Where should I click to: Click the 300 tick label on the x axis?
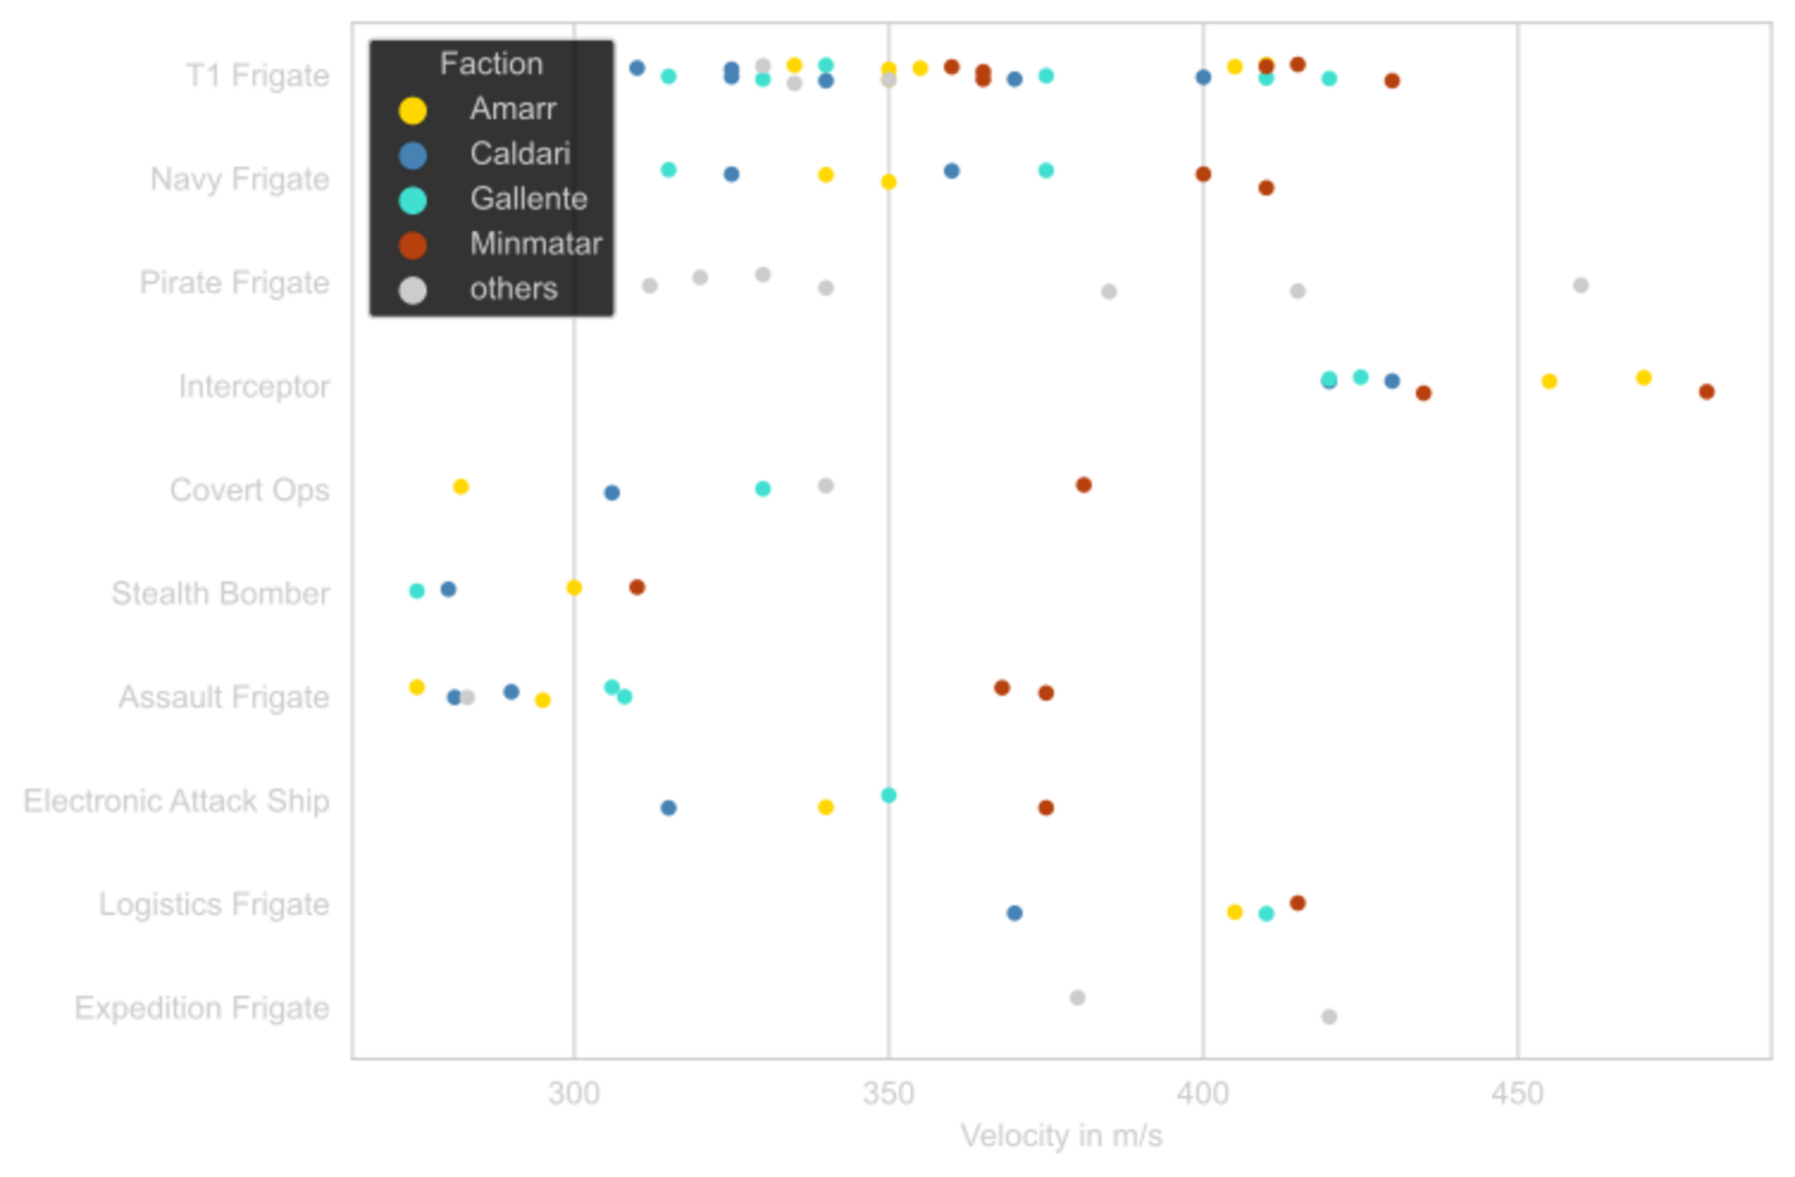pyautogui.click(x=574, y=1094)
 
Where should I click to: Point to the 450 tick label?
pyautogui.click(x=1517, y=1094)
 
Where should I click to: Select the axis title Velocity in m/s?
pyautogui.click(x=1061, y=1137)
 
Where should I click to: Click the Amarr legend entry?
pyautogui.click(x=512, y=109)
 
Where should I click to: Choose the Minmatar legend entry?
pyautogui.click(x=535, y=243)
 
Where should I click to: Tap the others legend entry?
pyautogui.click(x=513, y=289)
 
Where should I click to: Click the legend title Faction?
pyautogui.click(x=491, y=64)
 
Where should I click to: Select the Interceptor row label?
pyautogui.click(x=255, y=388)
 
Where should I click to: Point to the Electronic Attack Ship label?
pyautogui.click(x=177, y=801)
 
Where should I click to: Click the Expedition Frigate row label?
pyautogui.click(x=202, y=1008)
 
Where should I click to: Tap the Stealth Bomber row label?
pyautogui.click(x=221, y=593)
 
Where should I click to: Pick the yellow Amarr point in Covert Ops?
pyautogui.click(x=461, y=487)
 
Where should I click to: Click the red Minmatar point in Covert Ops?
pyautogui.click(x=1083, y=485)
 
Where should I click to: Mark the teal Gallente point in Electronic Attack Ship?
pyautogui.click(x=888, y=795)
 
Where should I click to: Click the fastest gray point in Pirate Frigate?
pyautogui.click(x=1580, y=286)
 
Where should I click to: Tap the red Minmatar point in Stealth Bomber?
pyautogui.click(x=637, y=587)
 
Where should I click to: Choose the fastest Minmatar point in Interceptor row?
pyautogui.click(x=1706, y=392)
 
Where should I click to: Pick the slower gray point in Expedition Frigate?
pyautogui.click(x=1077, y=998)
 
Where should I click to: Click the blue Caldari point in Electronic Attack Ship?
pyautogui.click(x=668, y=808)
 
